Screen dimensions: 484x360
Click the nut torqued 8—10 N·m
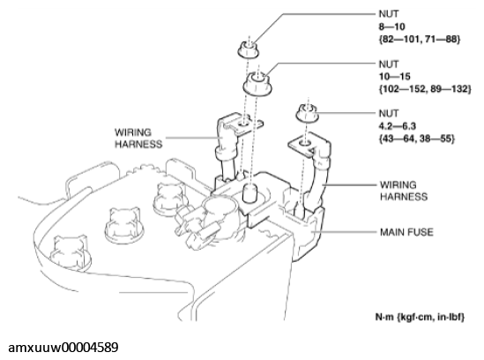coord(249,50)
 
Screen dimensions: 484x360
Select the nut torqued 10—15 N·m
coord(257,84)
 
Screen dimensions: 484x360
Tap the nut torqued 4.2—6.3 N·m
coord(307,114)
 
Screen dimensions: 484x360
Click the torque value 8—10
coord(391,26)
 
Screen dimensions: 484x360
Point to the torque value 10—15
coord(395,77)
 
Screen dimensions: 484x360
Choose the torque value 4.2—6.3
coord(398,126)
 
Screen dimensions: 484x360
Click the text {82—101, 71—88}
coord(420,39)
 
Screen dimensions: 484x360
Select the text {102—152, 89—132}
coord(425,89)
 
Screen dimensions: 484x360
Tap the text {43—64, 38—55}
coord(417,139)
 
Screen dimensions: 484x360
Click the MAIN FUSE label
coord(406,232)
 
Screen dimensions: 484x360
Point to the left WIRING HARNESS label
coord(138,139)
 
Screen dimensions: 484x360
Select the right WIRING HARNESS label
coord(404,191)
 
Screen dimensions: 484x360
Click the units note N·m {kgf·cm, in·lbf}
coord(420,317)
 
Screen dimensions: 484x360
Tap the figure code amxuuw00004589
coord(63,348)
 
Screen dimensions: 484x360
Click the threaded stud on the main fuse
coord(249,193)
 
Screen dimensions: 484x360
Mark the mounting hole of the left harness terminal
coord(243,124)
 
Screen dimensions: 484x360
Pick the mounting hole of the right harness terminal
coord(304,143)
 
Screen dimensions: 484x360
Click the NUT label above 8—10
coord(389,14)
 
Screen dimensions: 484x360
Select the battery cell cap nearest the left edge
coord(71,251)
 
